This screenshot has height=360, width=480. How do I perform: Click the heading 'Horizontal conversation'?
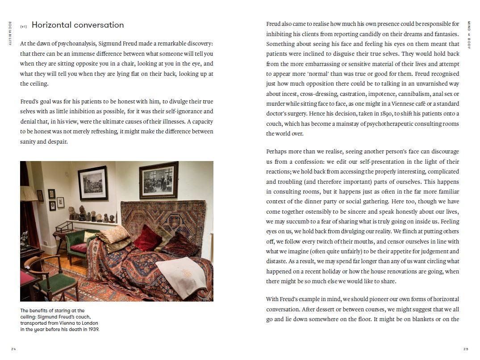[78, 25]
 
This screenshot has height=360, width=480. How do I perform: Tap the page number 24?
[13, 349]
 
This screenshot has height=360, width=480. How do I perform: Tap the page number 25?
[466, 349]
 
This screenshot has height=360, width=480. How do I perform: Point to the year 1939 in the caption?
[92, 329]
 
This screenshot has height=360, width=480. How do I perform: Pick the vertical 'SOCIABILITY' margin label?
[9, 33]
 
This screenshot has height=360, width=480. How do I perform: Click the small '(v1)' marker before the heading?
[24, 26]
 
